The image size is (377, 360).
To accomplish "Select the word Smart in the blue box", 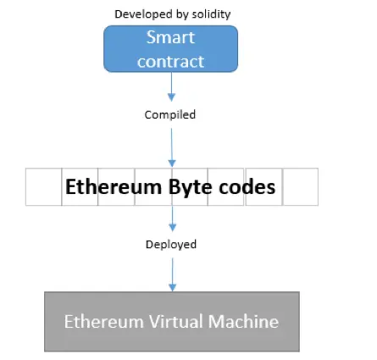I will (170, 38).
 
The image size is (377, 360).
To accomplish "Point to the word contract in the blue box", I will (170, 61).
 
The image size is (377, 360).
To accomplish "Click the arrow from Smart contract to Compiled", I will (172, 86).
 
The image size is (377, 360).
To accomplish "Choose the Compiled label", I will (170, 114).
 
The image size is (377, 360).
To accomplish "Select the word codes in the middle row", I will (247, 186).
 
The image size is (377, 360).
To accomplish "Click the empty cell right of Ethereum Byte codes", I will (300, 186).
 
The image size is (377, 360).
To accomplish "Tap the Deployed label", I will (170, 244).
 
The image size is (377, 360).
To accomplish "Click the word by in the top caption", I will (182, 14).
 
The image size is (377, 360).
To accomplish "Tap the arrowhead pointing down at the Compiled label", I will (172, 98).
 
